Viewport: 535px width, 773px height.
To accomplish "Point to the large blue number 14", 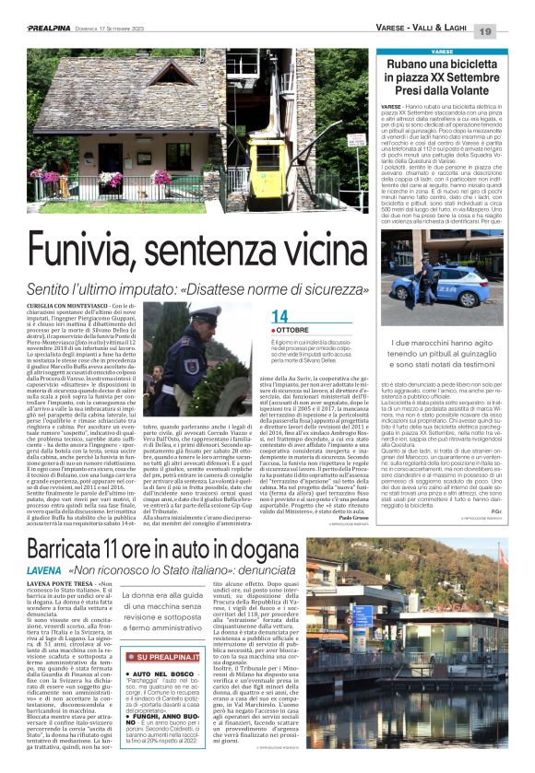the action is [x=279, y=317].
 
